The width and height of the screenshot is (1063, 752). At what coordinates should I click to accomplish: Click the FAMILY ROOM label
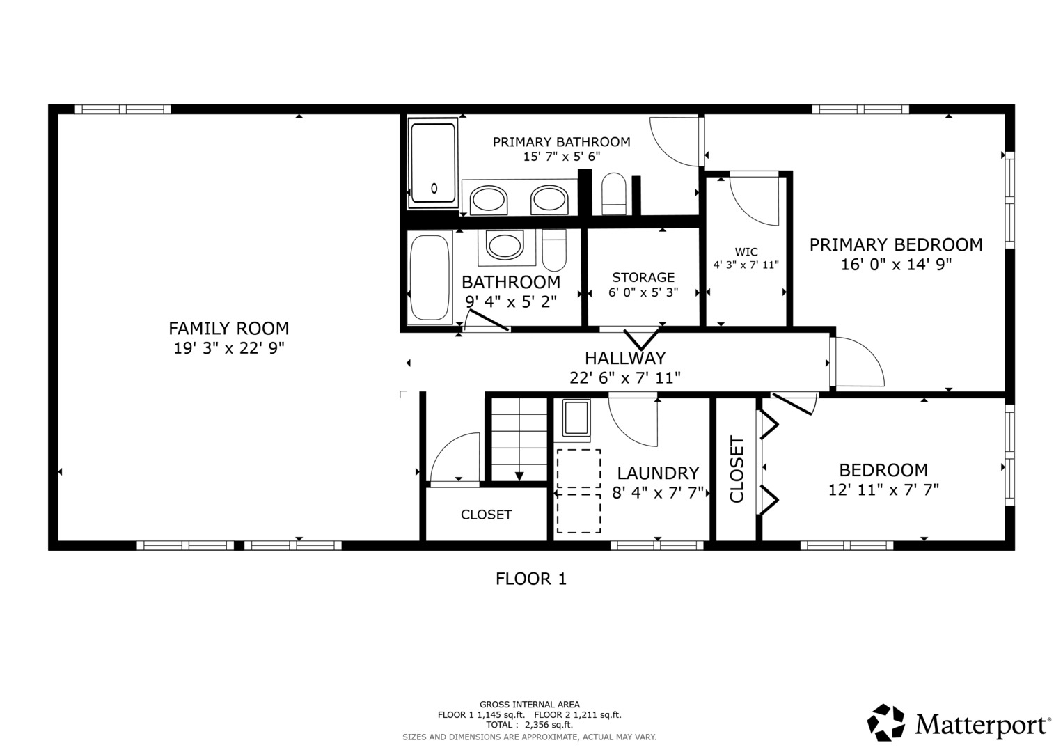click(228, 328)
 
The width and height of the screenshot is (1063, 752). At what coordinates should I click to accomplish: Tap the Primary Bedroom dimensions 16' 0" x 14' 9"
click(896, 265)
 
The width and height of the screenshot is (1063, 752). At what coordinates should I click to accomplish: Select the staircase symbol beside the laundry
click(519, 439)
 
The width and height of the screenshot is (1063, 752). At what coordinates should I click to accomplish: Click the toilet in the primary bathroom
click(614, 194)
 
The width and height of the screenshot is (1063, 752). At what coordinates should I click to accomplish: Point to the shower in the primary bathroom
click(433, 163)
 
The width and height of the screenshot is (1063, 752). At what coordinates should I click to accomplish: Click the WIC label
click(746, 252)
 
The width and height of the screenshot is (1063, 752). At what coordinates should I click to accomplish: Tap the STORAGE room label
click(643, 277)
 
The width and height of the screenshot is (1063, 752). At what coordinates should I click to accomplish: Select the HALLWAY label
click(625, 358)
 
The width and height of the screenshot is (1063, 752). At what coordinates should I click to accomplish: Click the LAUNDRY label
click(658, 473)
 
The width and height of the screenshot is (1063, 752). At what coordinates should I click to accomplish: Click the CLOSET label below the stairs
click(486, 515)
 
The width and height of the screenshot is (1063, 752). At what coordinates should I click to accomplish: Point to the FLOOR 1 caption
click(530, 579)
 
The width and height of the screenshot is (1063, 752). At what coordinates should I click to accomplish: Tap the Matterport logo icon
click(886, 722)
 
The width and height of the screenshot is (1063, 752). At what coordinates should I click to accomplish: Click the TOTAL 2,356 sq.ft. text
click(529, 725)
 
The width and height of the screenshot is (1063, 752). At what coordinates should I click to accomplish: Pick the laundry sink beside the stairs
click(576, 418)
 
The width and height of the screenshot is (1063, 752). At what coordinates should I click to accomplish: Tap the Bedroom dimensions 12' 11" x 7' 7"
click(883, 490)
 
